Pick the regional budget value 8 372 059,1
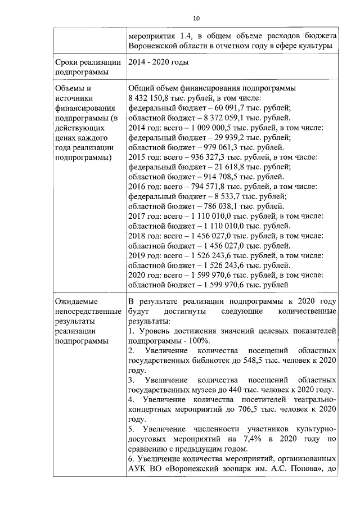(213, 118)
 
